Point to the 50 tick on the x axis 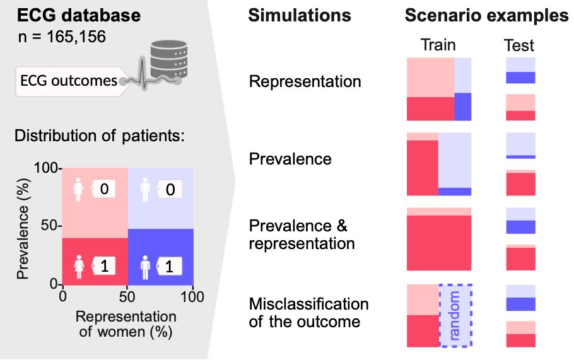pos(127,296)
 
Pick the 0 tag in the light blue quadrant pos(169,189)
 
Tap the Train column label pos(438,45)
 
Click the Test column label pos(519,45)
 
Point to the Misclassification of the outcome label pos(308,313)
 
